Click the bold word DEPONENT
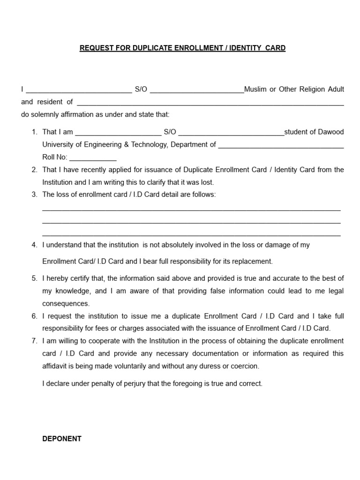pyautogui.click(x=62, y=439)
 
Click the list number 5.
pyautogui.click(x=35, y=278)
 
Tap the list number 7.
pyautogui.click(x=35, y=341)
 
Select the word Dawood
pyautogui.click(x=331, y=132)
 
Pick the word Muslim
pyautogui.click(x=255, y=89)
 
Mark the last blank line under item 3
pyautogui.click(x=191, y=234)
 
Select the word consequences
pyautogui.click(x=66, y=304)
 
